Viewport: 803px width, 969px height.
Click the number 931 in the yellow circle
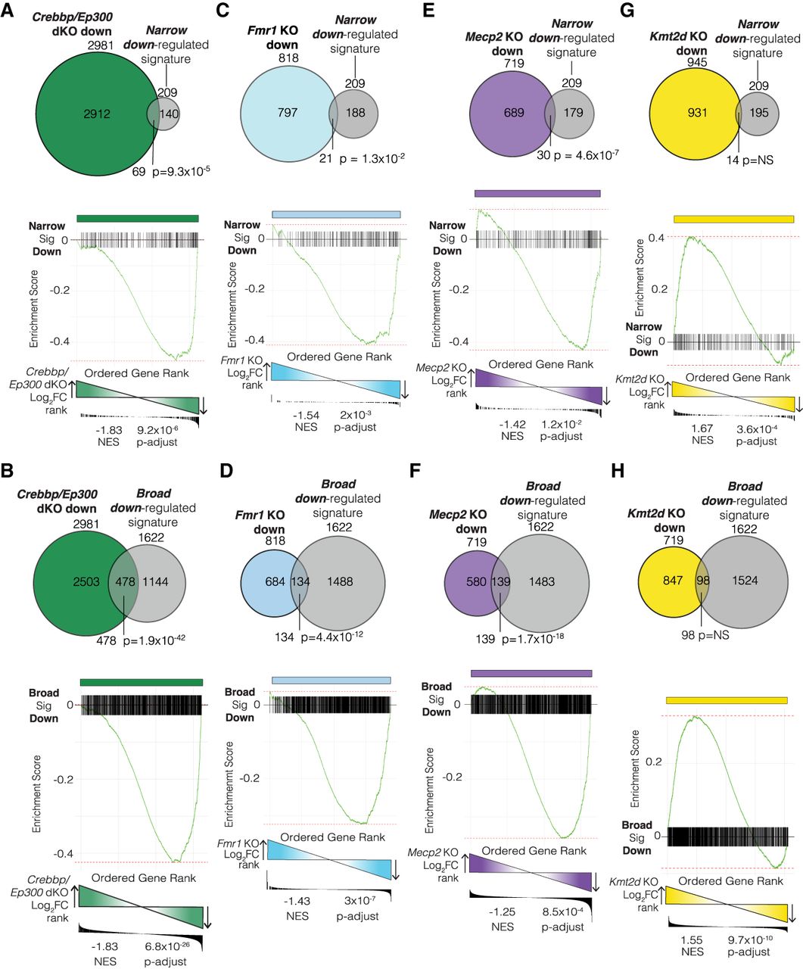(x=697, y=112)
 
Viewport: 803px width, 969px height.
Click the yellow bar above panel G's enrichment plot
(x=733, y=220)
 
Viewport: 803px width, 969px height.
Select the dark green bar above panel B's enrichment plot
(x=141, y=682)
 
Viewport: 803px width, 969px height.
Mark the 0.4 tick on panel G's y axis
(x=660, y=238)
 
